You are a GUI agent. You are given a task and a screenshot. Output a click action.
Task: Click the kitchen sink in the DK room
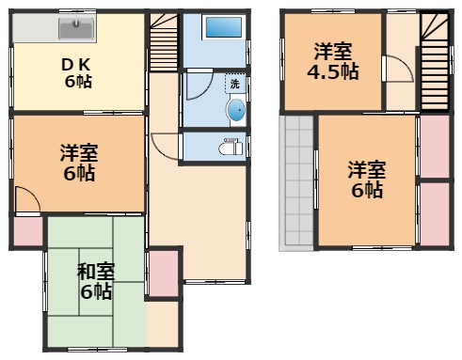(76, 29)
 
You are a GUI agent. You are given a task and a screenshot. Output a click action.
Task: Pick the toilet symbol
(229, 147)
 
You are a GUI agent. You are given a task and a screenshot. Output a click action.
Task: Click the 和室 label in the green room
(95, 273)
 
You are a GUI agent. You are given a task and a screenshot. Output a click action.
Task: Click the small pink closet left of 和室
(28, 232)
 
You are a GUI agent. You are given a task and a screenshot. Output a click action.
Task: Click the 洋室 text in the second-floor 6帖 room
(367, 169)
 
